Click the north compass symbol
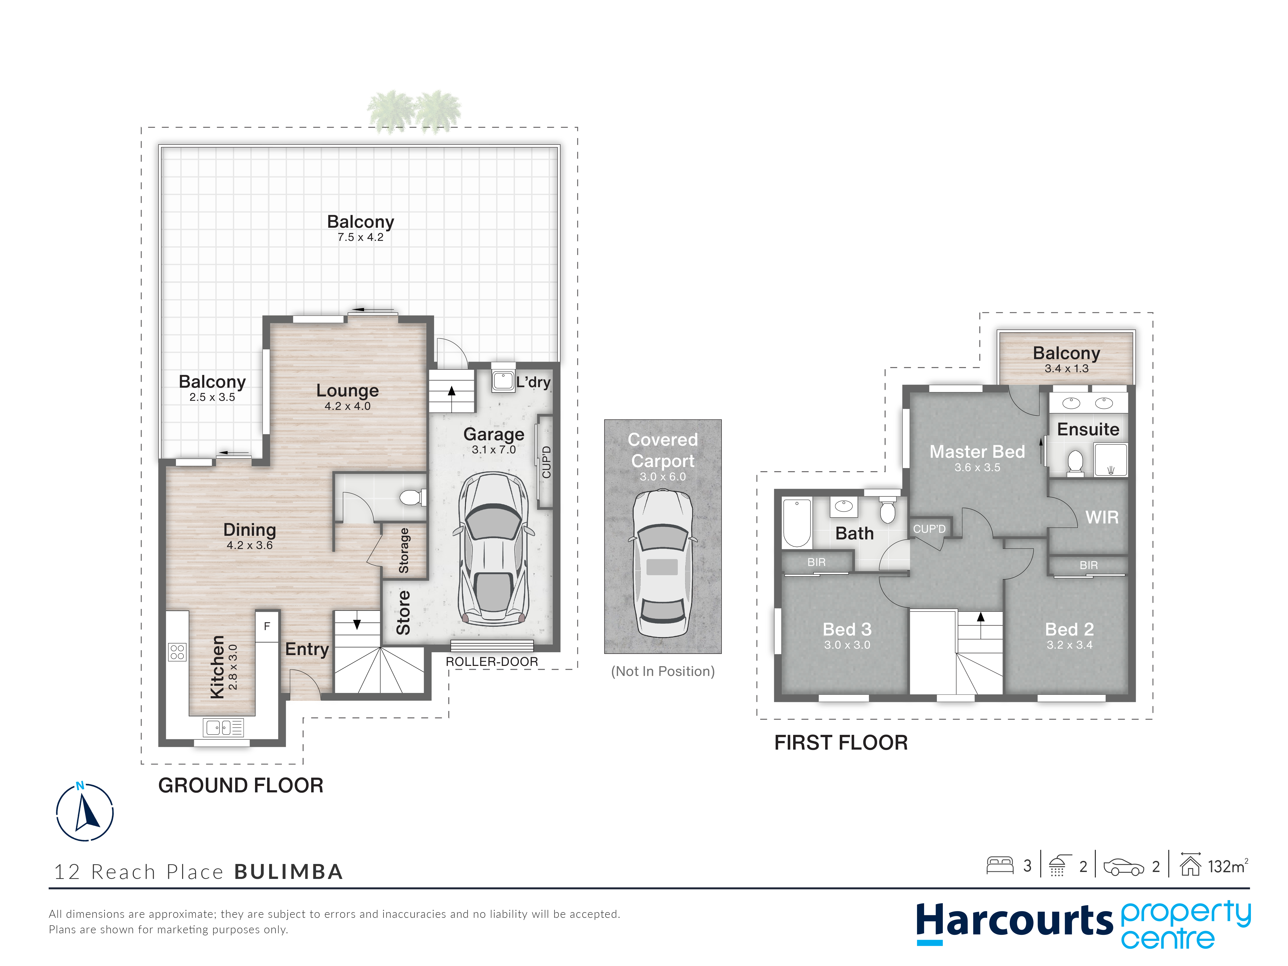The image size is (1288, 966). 85,811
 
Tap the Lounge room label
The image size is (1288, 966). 348,390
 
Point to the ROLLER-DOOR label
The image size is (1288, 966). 492,662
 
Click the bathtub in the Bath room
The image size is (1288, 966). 796,523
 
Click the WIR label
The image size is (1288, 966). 1102,517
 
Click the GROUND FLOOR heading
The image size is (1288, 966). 241,785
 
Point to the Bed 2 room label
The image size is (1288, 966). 1069,629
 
